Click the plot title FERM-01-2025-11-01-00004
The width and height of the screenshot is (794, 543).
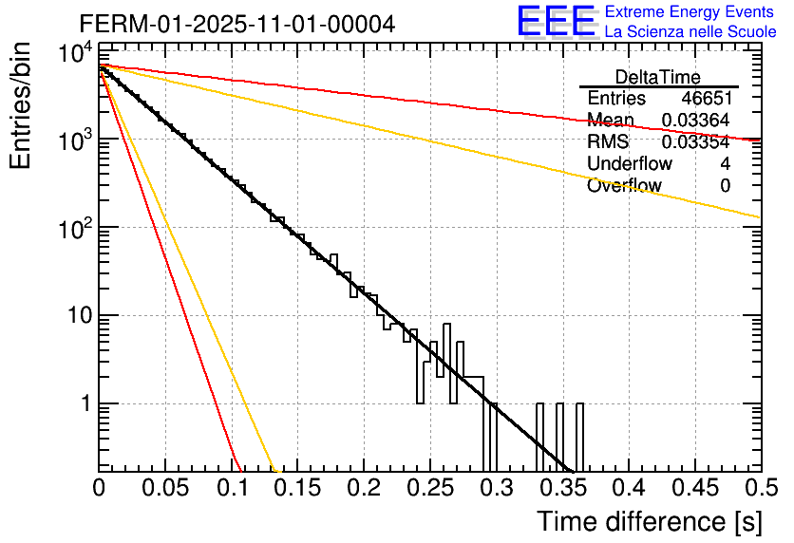point(236,24)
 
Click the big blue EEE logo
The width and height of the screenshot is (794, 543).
point(555,23)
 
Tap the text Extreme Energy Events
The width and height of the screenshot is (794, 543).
point(690,12)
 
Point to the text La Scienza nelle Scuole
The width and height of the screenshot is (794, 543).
point(690,32)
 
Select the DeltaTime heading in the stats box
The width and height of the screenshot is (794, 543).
point(658,77)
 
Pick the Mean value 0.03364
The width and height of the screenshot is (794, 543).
point(695,121)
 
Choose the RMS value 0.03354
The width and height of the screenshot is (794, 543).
point(695,142)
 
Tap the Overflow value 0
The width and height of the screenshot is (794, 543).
point(725,186)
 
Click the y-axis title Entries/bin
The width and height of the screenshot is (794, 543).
point(21,107)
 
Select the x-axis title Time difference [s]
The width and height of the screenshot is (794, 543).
point(649,521)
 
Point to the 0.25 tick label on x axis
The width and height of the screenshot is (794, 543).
point(428,488)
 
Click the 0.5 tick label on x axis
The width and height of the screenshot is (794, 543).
point(759,488)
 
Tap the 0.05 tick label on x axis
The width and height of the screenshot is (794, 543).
point(164,488)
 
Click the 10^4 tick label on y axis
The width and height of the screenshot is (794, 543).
point(72,54)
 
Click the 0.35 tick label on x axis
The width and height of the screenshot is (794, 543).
point(561,488)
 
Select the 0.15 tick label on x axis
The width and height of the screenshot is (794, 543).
point(296,488)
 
